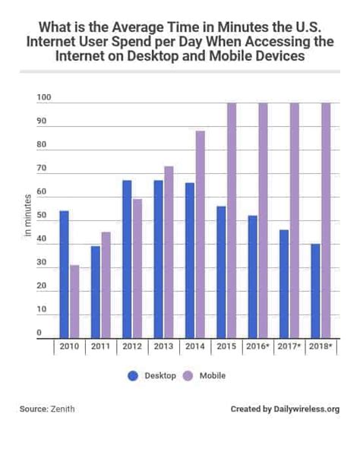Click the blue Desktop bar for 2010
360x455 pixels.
coord(64,273)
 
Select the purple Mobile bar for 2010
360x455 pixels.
coord(74,300)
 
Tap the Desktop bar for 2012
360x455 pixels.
coord(127,258)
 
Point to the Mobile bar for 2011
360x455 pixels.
coord(106,284)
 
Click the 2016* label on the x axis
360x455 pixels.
coord(257,346)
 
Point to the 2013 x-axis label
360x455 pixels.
coord(163,346)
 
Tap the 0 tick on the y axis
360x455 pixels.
coord(39,333)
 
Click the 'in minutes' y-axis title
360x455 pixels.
coord(26,217)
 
